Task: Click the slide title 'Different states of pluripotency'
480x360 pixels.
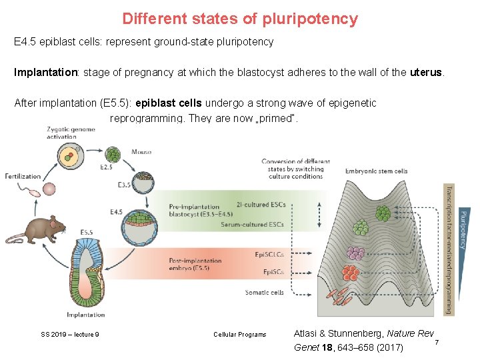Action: click(240, 19)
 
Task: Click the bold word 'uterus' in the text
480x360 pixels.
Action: click(425, 73)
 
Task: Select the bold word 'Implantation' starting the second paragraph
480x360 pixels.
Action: click(44, 73)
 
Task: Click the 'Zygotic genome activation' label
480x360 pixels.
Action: click(71, 133)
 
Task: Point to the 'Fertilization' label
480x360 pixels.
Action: click(24, 176)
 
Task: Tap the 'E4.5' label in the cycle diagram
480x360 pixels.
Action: click(116, 212)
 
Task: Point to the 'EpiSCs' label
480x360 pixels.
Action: click(273, 272)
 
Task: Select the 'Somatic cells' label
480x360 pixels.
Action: click(264, 292)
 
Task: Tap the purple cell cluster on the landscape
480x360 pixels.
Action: click(356, 253)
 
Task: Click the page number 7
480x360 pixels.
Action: click(436, 342)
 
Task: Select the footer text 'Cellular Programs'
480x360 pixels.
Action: click(239, 335)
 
